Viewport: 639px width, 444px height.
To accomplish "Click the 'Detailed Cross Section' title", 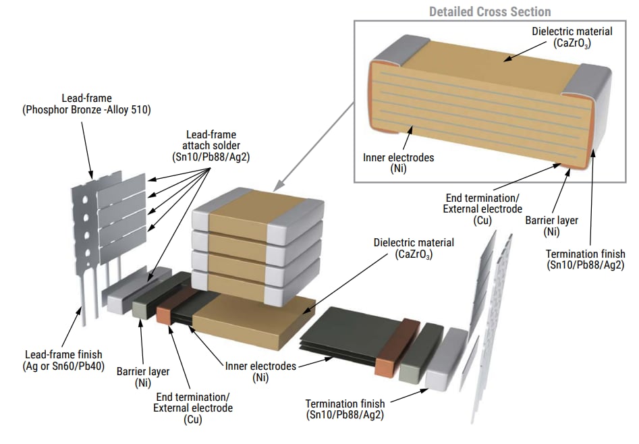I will pyautogui.click(x=490, y=11).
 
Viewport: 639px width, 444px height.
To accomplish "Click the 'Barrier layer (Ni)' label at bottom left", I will pyautogui.click(x=142, y=377).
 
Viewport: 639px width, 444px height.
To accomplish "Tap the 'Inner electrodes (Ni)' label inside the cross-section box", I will pyautogui.click(x=398, y=163).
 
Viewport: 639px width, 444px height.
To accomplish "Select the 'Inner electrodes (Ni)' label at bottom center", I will pyautogui.click(x=260, y=370).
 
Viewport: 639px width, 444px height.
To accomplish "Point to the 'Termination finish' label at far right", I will pyautogui.click(x=586, y=259).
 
